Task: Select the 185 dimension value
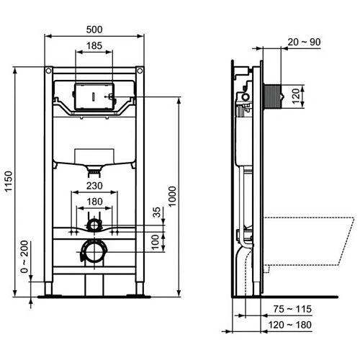[94, 45]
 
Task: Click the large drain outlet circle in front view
[94, 252]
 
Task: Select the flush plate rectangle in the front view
[94, 95]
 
